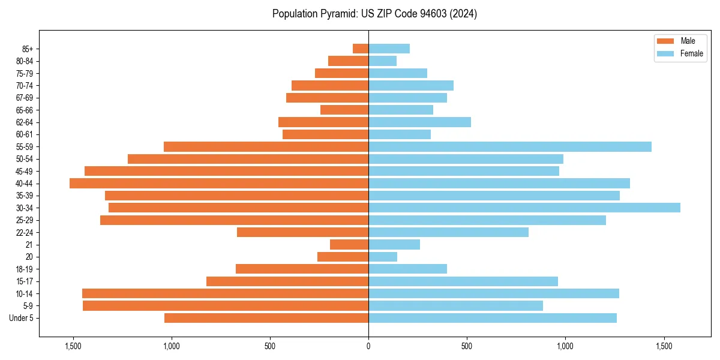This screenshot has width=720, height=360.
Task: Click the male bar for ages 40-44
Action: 219,183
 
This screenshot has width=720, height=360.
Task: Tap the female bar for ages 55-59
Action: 510,146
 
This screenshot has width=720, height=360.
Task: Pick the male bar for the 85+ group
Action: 361,49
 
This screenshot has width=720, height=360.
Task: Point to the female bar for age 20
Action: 383,257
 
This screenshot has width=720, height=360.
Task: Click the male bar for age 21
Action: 349,244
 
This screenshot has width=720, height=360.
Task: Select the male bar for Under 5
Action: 266,318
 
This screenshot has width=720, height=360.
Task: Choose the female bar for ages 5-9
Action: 455,305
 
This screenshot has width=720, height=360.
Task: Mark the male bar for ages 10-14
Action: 225,293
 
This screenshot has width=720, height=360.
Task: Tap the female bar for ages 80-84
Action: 382,61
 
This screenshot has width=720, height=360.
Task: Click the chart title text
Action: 374,14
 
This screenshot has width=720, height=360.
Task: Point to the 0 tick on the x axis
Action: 368,347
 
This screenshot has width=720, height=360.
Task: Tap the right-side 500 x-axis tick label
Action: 467,347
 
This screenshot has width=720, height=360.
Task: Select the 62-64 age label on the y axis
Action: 24,122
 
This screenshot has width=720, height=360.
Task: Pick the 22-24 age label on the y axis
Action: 24,232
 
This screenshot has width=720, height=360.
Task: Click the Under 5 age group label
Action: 21,318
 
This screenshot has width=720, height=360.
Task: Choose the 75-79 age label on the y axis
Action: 24,73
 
